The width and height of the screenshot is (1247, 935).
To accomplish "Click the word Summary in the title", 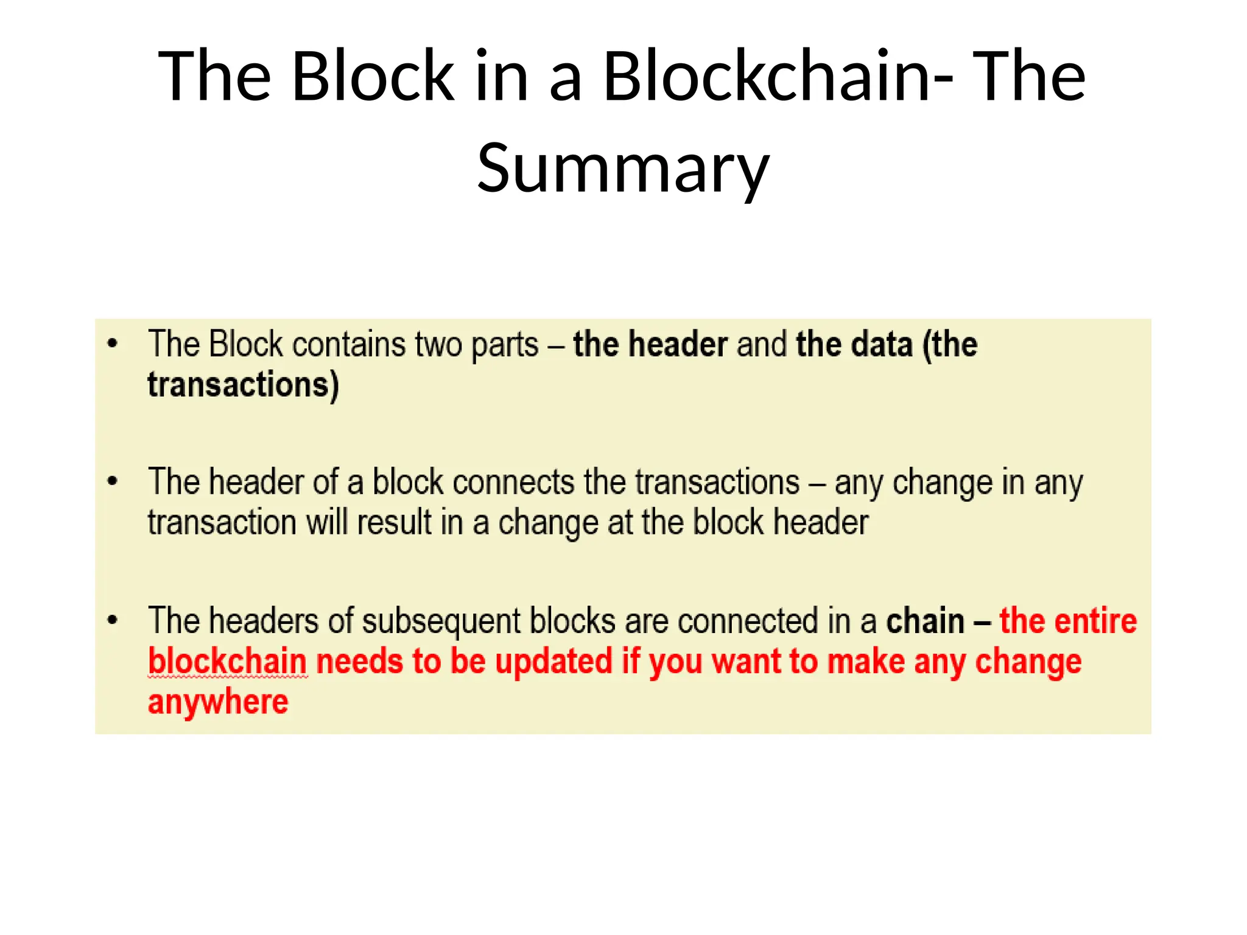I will tap(623, 168).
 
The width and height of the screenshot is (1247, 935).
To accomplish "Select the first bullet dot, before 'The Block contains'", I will tap(112, 344).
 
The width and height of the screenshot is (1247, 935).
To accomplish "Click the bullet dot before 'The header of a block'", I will tap(112, 482).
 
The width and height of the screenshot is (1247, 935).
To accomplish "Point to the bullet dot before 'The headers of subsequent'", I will tap(112, 620).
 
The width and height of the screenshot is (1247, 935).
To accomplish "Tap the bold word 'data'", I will tap(882, 345).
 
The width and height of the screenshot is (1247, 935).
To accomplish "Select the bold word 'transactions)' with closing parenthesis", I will tap(244, 385).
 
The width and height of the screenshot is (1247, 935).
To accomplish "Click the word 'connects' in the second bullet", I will tap(513, 482).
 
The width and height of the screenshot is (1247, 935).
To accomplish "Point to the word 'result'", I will tap(394, 523).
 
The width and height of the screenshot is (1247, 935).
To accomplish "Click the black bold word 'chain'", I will tap(925, 622).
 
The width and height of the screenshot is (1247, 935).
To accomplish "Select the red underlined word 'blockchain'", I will tap(227, 662).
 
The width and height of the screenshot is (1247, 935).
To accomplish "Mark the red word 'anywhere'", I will tap(218, 702).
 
